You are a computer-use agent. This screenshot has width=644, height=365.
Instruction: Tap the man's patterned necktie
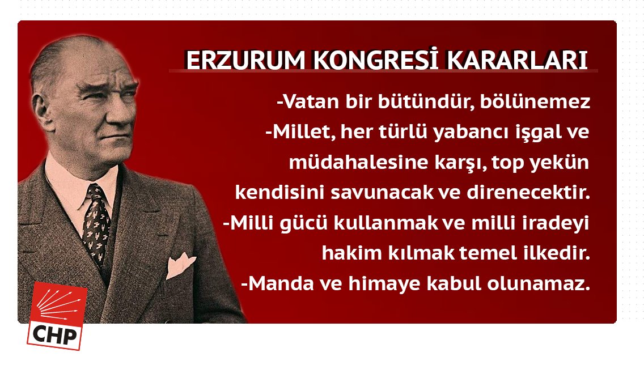(x=95, y=221)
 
